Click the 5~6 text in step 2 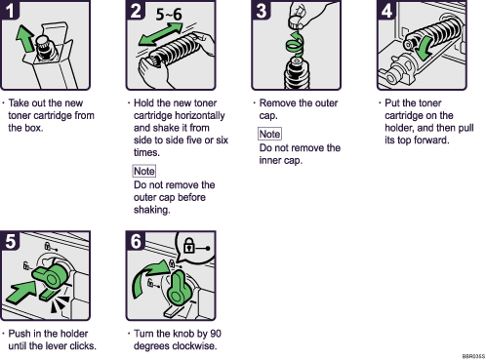(x=173, y=15)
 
